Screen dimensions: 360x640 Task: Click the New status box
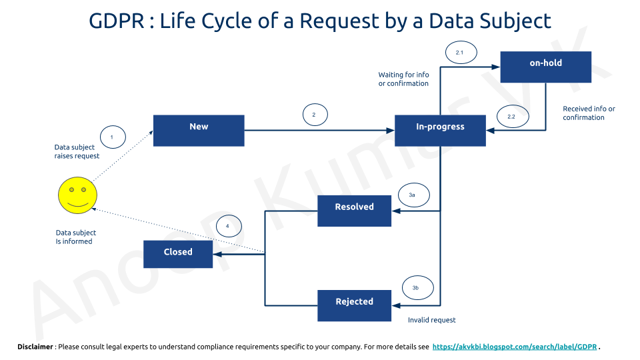199,130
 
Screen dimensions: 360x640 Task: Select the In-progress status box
440,130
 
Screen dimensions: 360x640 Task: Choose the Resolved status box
354,211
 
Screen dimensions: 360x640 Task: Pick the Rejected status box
354,305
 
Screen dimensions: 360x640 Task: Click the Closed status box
178,253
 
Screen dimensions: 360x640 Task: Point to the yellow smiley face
77,195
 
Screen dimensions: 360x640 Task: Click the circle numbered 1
112,137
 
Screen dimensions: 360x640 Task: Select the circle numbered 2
314,115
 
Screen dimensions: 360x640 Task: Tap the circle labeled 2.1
459,52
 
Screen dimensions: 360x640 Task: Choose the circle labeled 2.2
511,117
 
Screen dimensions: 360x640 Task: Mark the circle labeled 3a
412,195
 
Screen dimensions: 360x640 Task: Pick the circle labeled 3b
415,288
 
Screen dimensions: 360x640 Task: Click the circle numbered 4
227,227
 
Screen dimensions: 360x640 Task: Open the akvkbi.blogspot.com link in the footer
515,347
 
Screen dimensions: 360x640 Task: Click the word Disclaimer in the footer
35,347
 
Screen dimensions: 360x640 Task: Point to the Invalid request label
432,320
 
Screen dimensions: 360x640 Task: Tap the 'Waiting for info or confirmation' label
403,79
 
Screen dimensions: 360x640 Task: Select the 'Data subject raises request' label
77,151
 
